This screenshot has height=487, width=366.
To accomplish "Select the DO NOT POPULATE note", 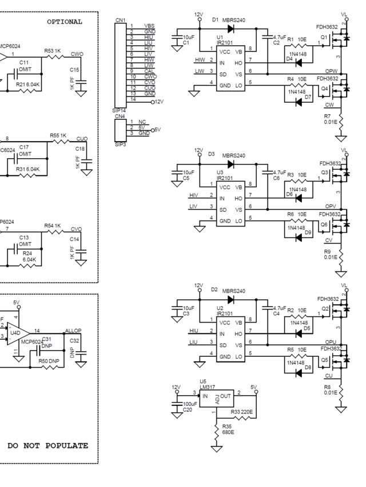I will pyautogui.click(x=47, y=445).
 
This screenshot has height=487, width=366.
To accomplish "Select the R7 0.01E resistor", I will pyautogui.click(x=341, y=121).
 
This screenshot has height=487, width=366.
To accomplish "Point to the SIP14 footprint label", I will pyautogui.click(x=120, y=110).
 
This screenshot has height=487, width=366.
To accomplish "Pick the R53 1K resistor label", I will pyautogui.click(x=53, y=51).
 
